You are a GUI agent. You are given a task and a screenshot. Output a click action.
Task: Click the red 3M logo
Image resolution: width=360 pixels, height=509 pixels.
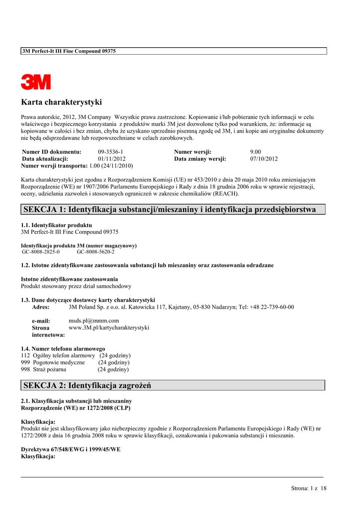[x=36, y=82]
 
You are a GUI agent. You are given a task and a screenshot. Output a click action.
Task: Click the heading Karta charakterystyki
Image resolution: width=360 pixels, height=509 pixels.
[x=61, y=102]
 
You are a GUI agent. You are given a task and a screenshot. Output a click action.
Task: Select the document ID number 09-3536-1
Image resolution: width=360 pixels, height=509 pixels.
[x=110, y=152]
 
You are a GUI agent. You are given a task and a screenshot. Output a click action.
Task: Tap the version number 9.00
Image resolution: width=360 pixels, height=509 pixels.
[x=256, y=152]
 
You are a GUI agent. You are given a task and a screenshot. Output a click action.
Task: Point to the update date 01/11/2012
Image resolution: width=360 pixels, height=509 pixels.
[x=112, y=159]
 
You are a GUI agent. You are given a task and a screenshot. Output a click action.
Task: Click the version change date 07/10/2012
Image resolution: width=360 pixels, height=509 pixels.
[x=264, y=159]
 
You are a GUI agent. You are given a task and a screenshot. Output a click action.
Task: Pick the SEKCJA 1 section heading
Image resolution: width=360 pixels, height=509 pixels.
[x=170, y=210]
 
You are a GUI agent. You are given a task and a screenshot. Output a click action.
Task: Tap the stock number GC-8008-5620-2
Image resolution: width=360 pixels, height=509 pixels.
[x=95, y=252]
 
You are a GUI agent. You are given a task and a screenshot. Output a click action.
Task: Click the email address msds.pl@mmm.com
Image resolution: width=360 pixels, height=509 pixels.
[x=93, y=321]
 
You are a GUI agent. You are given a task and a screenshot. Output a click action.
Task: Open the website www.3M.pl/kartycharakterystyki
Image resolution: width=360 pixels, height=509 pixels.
[x=109, y=328]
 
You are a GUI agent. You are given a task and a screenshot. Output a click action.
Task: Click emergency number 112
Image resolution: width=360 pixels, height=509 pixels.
[x=25, y=356]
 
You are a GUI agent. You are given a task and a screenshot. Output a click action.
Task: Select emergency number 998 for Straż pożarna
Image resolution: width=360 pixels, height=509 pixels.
[x=25, y=370]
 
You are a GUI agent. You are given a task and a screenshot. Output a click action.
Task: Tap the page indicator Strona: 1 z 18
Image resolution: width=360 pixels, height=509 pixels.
[x=309, y=489]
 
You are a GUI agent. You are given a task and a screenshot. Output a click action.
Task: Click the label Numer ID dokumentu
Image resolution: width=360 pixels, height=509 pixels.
[x=52, y=152]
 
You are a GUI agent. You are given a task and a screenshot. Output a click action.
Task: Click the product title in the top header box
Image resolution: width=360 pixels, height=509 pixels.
[x=69, y=51]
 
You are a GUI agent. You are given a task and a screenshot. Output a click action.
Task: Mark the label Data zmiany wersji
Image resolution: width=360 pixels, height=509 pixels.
[x=200, y=159]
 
